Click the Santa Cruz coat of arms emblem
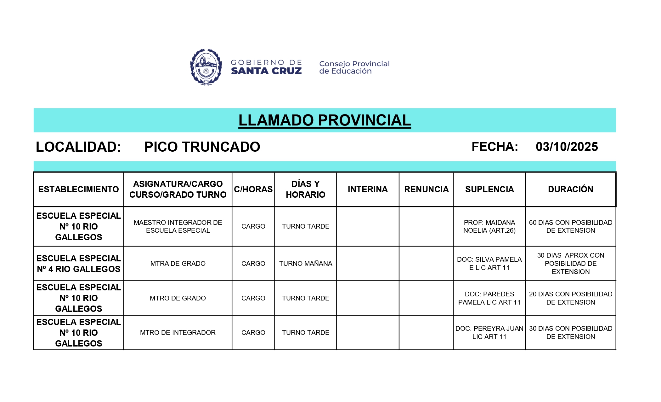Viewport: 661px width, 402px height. pyautogui.click(x=206, y=67)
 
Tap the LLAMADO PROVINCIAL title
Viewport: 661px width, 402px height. pyautogui.click(x=325, y=120)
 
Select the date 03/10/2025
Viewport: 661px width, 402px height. pyautogui.click(x=567, y=147)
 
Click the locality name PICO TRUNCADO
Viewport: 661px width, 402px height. pyautogui.click(x=202, y=147)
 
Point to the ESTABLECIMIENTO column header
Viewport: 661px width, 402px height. pyautogui.click(x=78, y=189)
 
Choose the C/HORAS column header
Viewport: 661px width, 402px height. pyautogui.click(x=253, y=189)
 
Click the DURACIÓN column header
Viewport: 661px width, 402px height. pyautogui.click(x=570, y=189)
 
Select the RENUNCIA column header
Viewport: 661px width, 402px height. pyautogui.click(x=426, y=189)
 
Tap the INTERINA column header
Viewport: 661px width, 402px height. pyautogui.click(x=368, y=189)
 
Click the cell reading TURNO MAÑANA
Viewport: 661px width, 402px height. pyautogui.click(x=305, y=264)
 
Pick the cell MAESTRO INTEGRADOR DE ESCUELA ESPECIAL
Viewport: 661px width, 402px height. pyautogui.click(x=178, y=226)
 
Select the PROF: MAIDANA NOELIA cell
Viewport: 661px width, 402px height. pyautogui.click(x=489, y=226)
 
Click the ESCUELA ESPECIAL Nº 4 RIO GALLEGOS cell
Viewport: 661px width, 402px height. pyautogui.click(x=78, y=264)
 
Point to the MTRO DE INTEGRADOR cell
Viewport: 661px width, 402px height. pyautogui.click(x=178, y=333)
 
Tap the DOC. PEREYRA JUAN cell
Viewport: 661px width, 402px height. pyautogui.click(x=489, y=333)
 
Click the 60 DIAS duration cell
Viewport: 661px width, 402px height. pyautogui.click(x=570, y=226)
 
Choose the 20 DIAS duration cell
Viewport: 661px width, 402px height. pyautogui.click(x=570, y=298)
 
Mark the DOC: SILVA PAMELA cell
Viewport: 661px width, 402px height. pyautogui.click(x=489, y=264)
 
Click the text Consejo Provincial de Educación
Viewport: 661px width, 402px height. pyautogui.click(x=354, y=67)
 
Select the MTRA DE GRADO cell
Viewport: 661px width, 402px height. pyautogui.click(x=178, y=264)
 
